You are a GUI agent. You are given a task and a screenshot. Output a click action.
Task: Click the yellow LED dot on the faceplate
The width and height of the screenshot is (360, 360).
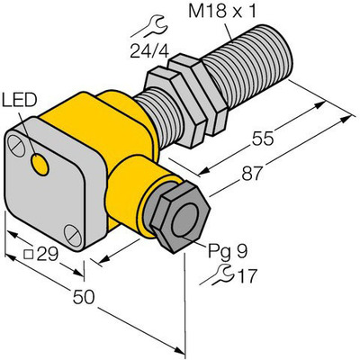40,162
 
